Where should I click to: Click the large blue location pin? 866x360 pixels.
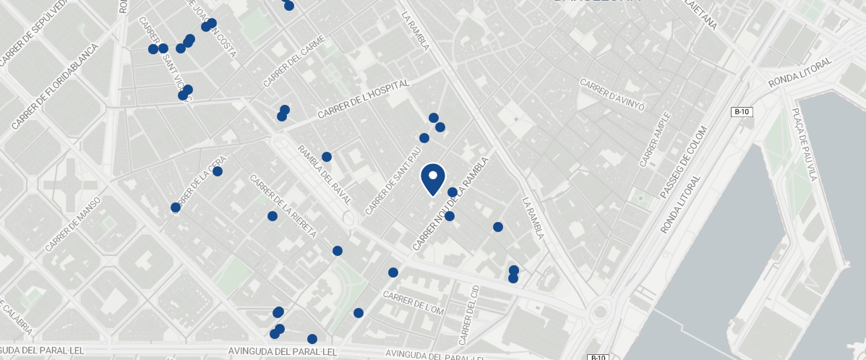point(432,178)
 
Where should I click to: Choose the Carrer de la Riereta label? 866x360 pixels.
point(283,207)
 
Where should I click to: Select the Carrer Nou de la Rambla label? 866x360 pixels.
point(450,205)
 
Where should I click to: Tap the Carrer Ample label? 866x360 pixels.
point(655,138)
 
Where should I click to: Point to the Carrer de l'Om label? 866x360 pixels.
point(413,303)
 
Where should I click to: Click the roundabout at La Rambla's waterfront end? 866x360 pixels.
point(599,314)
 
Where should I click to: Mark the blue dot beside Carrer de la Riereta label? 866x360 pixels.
point(273,216)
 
